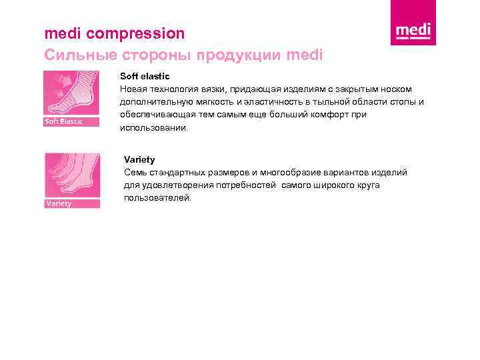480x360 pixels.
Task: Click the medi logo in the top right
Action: click(413, 31)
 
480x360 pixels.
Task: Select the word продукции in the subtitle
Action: click(232, 54)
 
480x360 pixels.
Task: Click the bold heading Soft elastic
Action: click(145, 77)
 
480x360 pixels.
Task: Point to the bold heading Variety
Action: click(139, 159)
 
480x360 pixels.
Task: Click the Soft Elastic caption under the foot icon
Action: click(64, 121)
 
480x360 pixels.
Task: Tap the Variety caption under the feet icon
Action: click(59, 203)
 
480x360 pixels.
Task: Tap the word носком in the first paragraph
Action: click(397, 89)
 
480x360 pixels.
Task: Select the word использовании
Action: click(154, 127)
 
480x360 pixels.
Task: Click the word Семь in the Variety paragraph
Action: click(135, 172)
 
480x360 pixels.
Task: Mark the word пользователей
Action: click(157, 197)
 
